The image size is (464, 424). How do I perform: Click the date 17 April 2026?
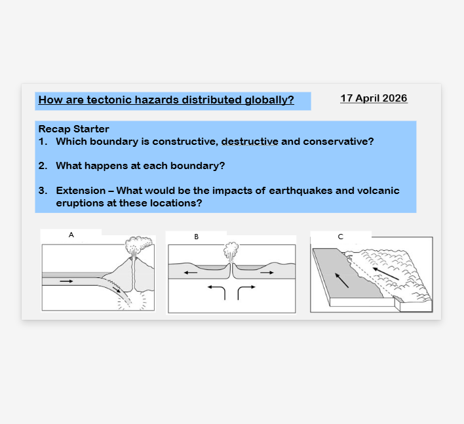[374, 98]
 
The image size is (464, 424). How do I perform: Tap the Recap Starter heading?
[73, 129]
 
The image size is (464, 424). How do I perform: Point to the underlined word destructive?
[250, 142]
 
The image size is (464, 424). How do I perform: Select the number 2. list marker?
[43, 166]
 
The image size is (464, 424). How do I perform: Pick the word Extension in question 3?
[81, 191]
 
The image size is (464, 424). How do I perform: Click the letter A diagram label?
[71, 235]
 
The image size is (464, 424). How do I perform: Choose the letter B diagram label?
[196, 237]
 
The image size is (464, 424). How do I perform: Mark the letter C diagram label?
[340, 237]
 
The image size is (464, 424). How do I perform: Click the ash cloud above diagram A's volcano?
[138, 244]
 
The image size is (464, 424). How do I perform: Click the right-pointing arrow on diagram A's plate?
[66, 281]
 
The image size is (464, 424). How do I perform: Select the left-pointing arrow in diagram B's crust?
[191, 273]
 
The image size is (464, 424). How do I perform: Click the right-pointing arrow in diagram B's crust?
[267, 273]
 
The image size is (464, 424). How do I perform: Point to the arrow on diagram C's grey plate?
[342, 280]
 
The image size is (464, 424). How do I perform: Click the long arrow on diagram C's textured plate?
[385, 274]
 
